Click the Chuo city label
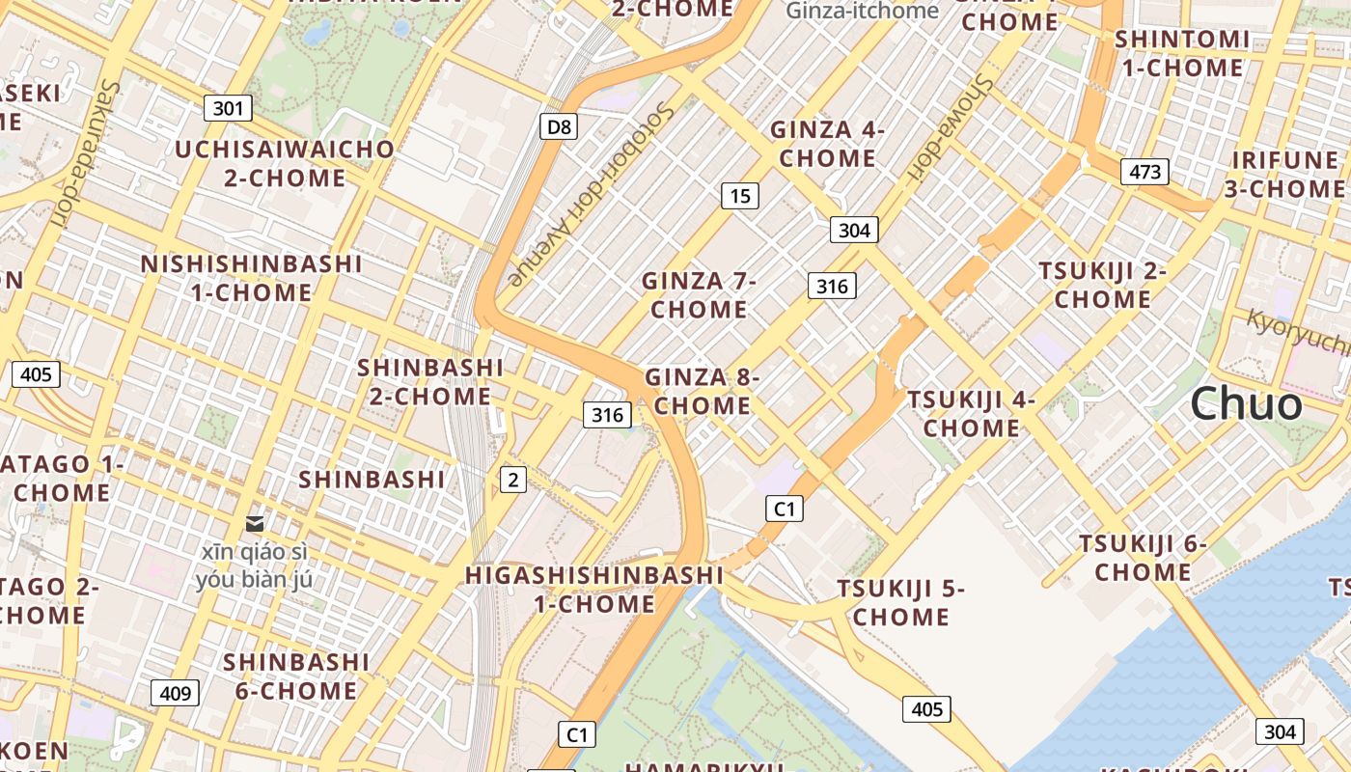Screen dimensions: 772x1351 pyautogui.click(x=1246, y=403)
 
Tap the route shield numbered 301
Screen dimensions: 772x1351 pyautogui.click(x=228, y=108)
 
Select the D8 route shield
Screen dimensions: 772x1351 pyautogui.click(x=558, y=126)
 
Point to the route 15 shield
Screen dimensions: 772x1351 pyautogui.click(x=740, y=196)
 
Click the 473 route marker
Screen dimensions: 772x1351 pyautogui.click(x=1144, y=172)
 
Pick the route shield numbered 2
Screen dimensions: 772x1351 pyautogui.click(x=513, y=479)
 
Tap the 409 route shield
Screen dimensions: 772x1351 pyautogui.click(x=175, y=692)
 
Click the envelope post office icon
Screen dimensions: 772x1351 pyautogui.click(x=255, y=523)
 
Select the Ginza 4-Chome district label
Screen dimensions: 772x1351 pyautogui.click(x=827, y=144)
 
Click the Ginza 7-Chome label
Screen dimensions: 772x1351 pyautogui.click(x=699, y=295)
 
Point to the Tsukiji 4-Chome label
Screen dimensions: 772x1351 pyautogui.click(x=971, y=413)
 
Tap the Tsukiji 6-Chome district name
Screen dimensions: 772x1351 pyautogui.click(x=1143, y=558)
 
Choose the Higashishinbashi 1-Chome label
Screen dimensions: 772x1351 pyautogui.click(x=594, y=590)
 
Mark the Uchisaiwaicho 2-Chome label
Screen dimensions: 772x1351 pyautogui.click(x=285, y=163)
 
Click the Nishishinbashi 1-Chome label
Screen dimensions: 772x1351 pyautogui.click(x=251, y=278)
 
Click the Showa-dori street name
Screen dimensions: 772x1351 pyautogui.click(x=950, y=126)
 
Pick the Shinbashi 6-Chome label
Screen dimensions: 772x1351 pyautogui.click(x=296, y=676)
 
